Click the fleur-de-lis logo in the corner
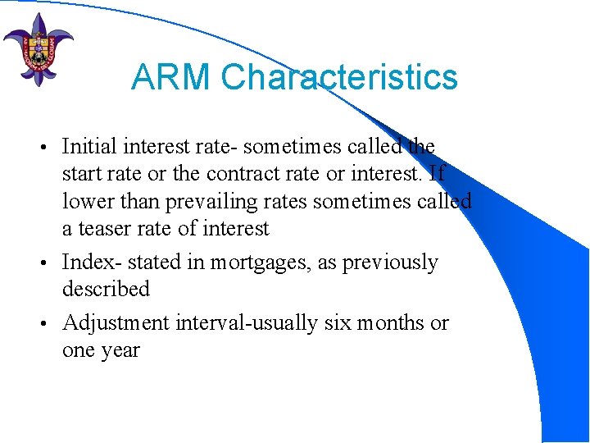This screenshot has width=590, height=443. [x=38, y=48]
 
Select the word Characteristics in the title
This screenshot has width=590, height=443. [x=338, y=78]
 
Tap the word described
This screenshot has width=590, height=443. [x=106, y=290]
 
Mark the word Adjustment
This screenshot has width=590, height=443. [x=116, y=323]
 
